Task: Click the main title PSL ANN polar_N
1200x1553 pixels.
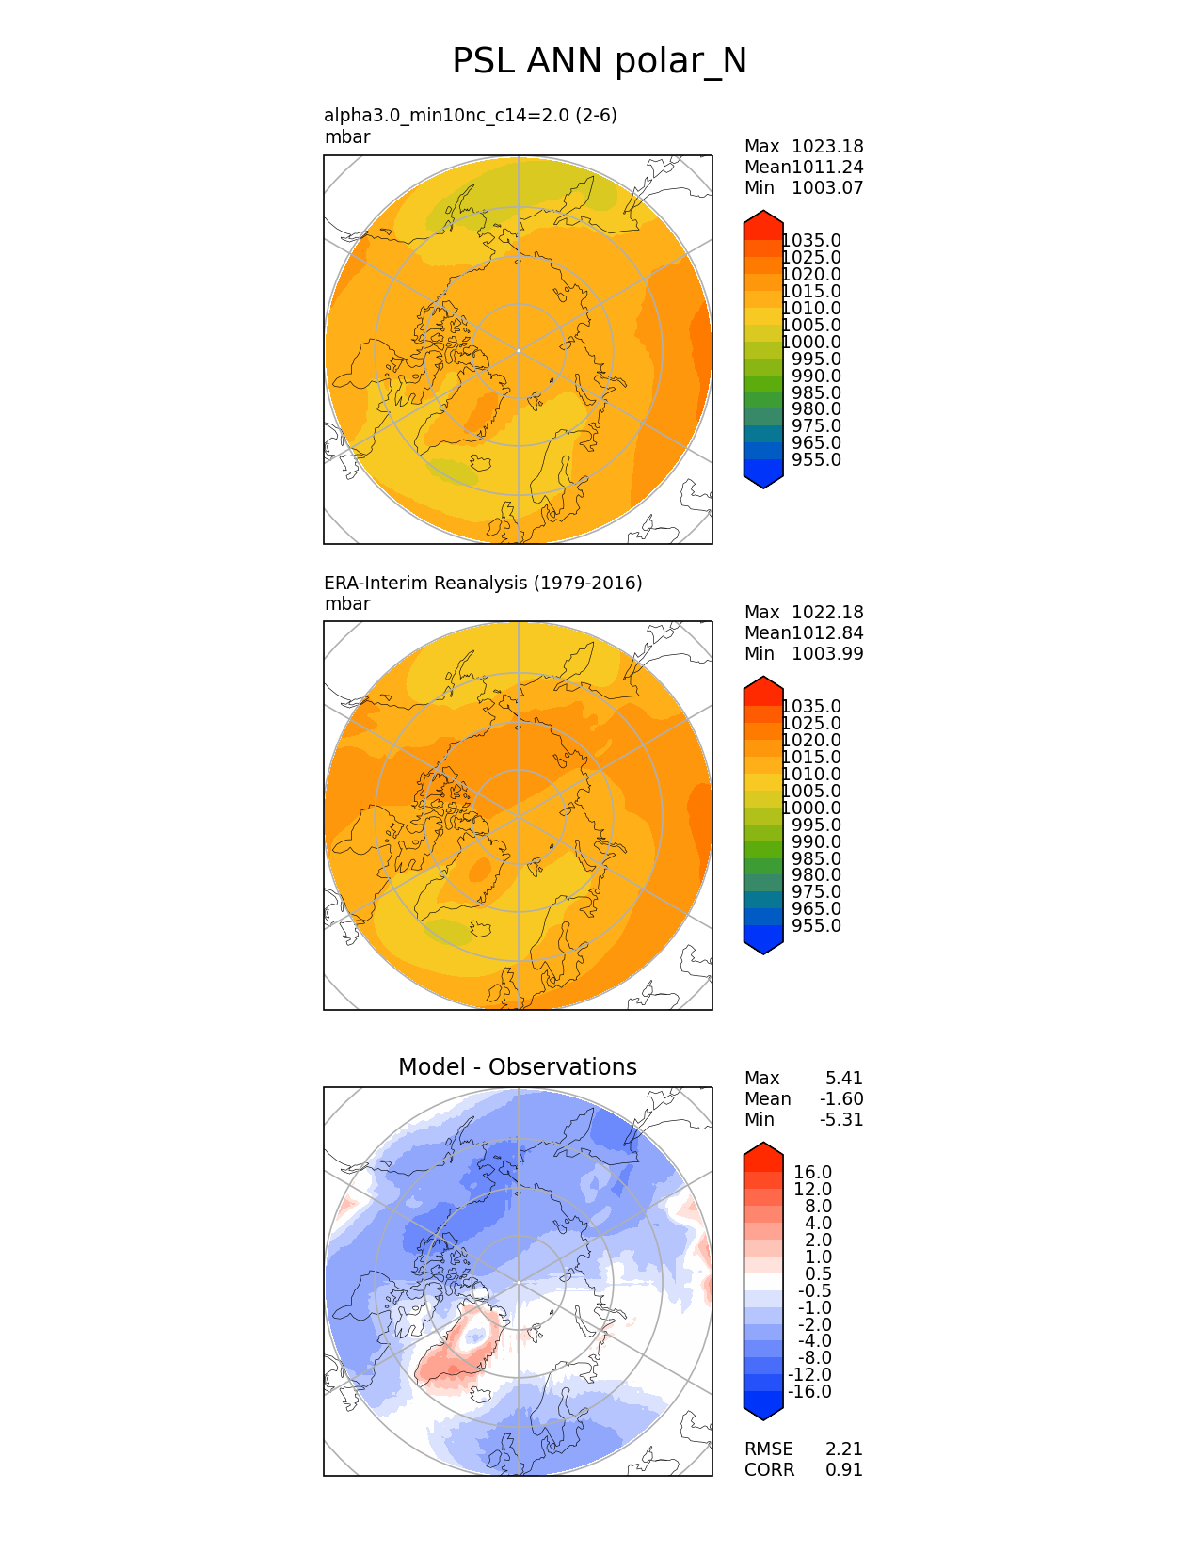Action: [x=600, y=61]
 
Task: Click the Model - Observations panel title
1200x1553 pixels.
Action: [x=517, y=1066]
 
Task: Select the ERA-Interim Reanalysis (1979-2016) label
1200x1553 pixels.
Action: [x=483, y=583]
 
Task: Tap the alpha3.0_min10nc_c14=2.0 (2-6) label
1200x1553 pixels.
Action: [x=471, y=115]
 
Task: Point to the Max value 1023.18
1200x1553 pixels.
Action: [x=827, y=146]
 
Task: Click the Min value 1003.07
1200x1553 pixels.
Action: [x=827, y=187]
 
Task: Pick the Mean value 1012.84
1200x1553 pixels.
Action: [x=827, y=632]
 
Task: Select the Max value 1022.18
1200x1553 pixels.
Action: [x=827, y=612]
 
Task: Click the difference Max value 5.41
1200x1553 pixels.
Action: [x=843, y=1078]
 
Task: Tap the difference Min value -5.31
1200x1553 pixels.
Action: [x=841, y=1119]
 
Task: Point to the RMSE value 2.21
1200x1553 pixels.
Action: [x=843, y=1449]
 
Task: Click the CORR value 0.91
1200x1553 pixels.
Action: [x=843, y=1469]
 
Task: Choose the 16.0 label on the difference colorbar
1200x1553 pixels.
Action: [x=812, y=1172]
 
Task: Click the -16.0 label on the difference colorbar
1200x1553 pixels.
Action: [x=809, y=1391]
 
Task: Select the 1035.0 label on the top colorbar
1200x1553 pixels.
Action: [x=811, y=241]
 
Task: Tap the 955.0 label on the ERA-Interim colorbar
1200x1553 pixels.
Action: [x=816, y=925]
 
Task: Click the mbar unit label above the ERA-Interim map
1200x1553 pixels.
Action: [x=347, y=603]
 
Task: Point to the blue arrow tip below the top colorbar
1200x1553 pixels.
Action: [x=763, y=480]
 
